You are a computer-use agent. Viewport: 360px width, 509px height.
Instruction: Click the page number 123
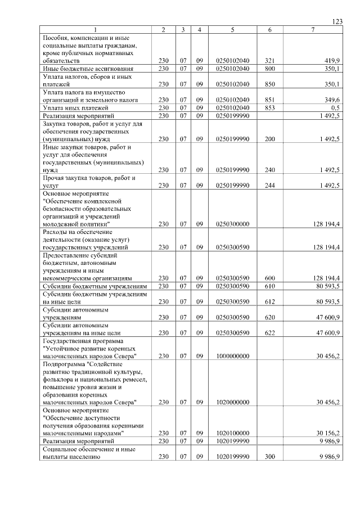pos(337,21)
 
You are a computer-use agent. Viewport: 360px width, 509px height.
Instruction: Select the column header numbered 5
pos(232,29)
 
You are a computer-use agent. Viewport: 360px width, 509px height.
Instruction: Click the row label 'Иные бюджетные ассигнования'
pos(80,68)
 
